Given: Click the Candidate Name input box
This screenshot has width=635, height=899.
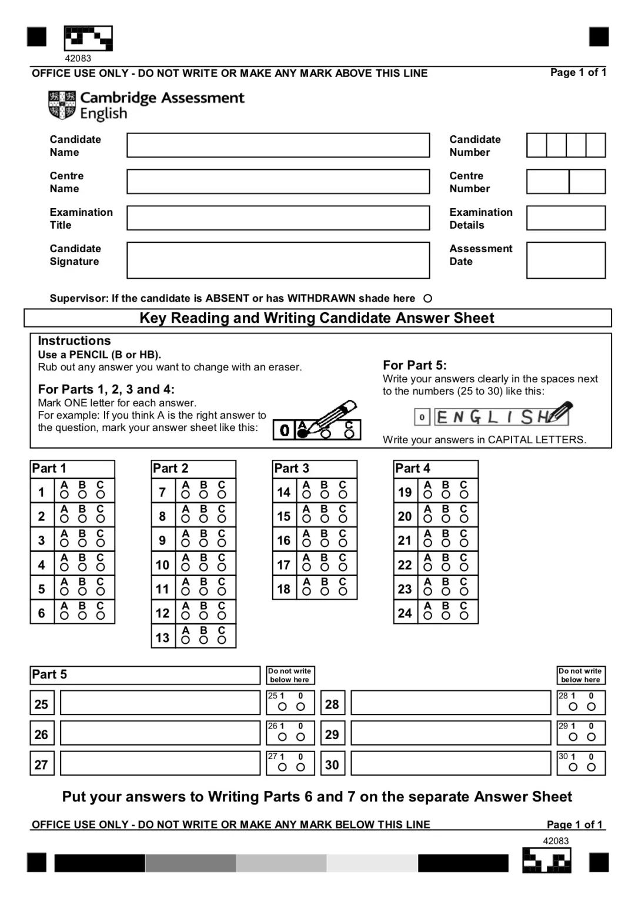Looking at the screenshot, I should tap(278, 145).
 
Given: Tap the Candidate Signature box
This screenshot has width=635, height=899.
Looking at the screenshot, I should tap(278, 260).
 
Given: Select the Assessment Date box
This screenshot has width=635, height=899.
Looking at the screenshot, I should tap(566, 260).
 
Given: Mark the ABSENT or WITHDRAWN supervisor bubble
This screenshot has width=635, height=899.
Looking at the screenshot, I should tap(428, 299).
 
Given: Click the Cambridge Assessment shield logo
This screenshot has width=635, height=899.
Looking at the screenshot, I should tap(62, 105).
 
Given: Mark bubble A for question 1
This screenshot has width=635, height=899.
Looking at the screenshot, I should tap(64, 495).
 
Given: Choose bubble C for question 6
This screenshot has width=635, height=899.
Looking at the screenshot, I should tap(101, 616).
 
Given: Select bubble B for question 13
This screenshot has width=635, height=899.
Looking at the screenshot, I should tap(203, 640).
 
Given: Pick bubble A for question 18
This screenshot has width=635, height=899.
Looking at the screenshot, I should tap(306, 591).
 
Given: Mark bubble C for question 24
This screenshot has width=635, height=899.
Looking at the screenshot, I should tap(464, 616).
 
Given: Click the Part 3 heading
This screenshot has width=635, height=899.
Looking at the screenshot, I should tap(292, 469).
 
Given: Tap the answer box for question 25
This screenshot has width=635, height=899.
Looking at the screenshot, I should tap(160, 703).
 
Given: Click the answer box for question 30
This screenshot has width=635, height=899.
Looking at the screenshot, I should tap(450, 764).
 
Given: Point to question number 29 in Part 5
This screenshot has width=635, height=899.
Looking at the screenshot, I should tap(332, 734).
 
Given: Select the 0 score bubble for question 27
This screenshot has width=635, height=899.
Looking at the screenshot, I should tap(300, 767).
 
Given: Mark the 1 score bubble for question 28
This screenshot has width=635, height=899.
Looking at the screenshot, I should tap(573, 707).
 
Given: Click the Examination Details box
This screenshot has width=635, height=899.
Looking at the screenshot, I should tap(566, 218).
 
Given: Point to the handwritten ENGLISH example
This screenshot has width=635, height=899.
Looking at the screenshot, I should tap(501, 416).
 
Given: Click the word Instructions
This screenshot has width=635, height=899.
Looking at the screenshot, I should tap(74, 341).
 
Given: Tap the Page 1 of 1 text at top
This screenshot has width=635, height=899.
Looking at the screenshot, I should tap(578, 72).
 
